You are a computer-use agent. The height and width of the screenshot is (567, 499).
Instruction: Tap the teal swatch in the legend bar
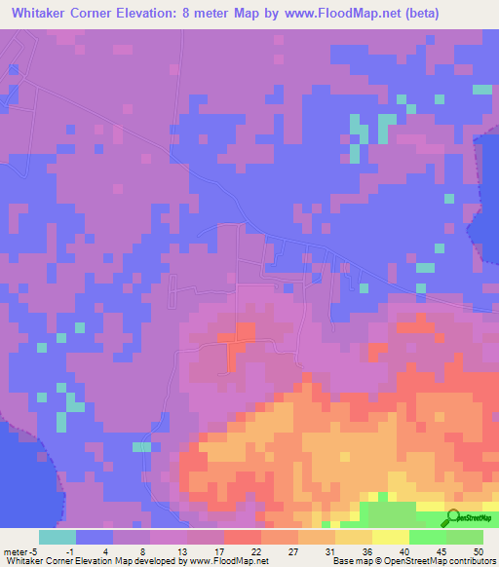(58, 537)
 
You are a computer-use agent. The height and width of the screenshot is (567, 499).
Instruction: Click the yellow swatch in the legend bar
(390, 537)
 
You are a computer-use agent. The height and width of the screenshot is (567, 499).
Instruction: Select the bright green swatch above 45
(427, 537)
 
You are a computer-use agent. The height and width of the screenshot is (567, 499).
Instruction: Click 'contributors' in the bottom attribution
(471, 560)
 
